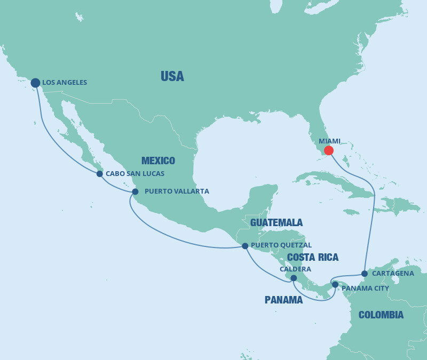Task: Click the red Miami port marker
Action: (x=329, y=150)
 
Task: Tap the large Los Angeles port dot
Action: (x=35, y=83)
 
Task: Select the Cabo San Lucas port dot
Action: (x=99, y=174)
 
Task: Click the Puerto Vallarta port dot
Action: (x=135, y=191)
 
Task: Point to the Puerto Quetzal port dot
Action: (x=245, y=246)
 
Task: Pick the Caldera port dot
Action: (x=294, y=278)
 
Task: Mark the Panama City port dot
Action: (x=335, y=284)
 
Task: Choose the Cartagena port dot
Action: (x=364, y=274)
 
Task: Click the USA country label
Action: (x=172, y=77)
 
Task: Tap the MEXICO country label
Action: (x=158, y=161)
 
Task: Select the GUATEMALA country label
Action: (x=276, y=222)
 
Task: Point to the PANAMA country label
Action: (x=283, y=300)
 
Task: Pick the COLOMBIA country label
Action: (x=381, y=315)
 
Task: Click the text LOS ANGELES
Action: (x=65, y=83)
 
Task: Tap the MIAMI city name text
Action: (x=329, y=141)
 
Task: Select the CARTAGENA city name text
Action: (x=393, y=274)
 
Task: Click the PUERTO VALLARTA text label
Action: (x=177, y=191)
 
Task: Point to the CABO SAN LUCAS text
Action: (x=135, y=174)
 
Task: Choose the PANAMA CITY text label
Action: (x=365, y=289)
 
